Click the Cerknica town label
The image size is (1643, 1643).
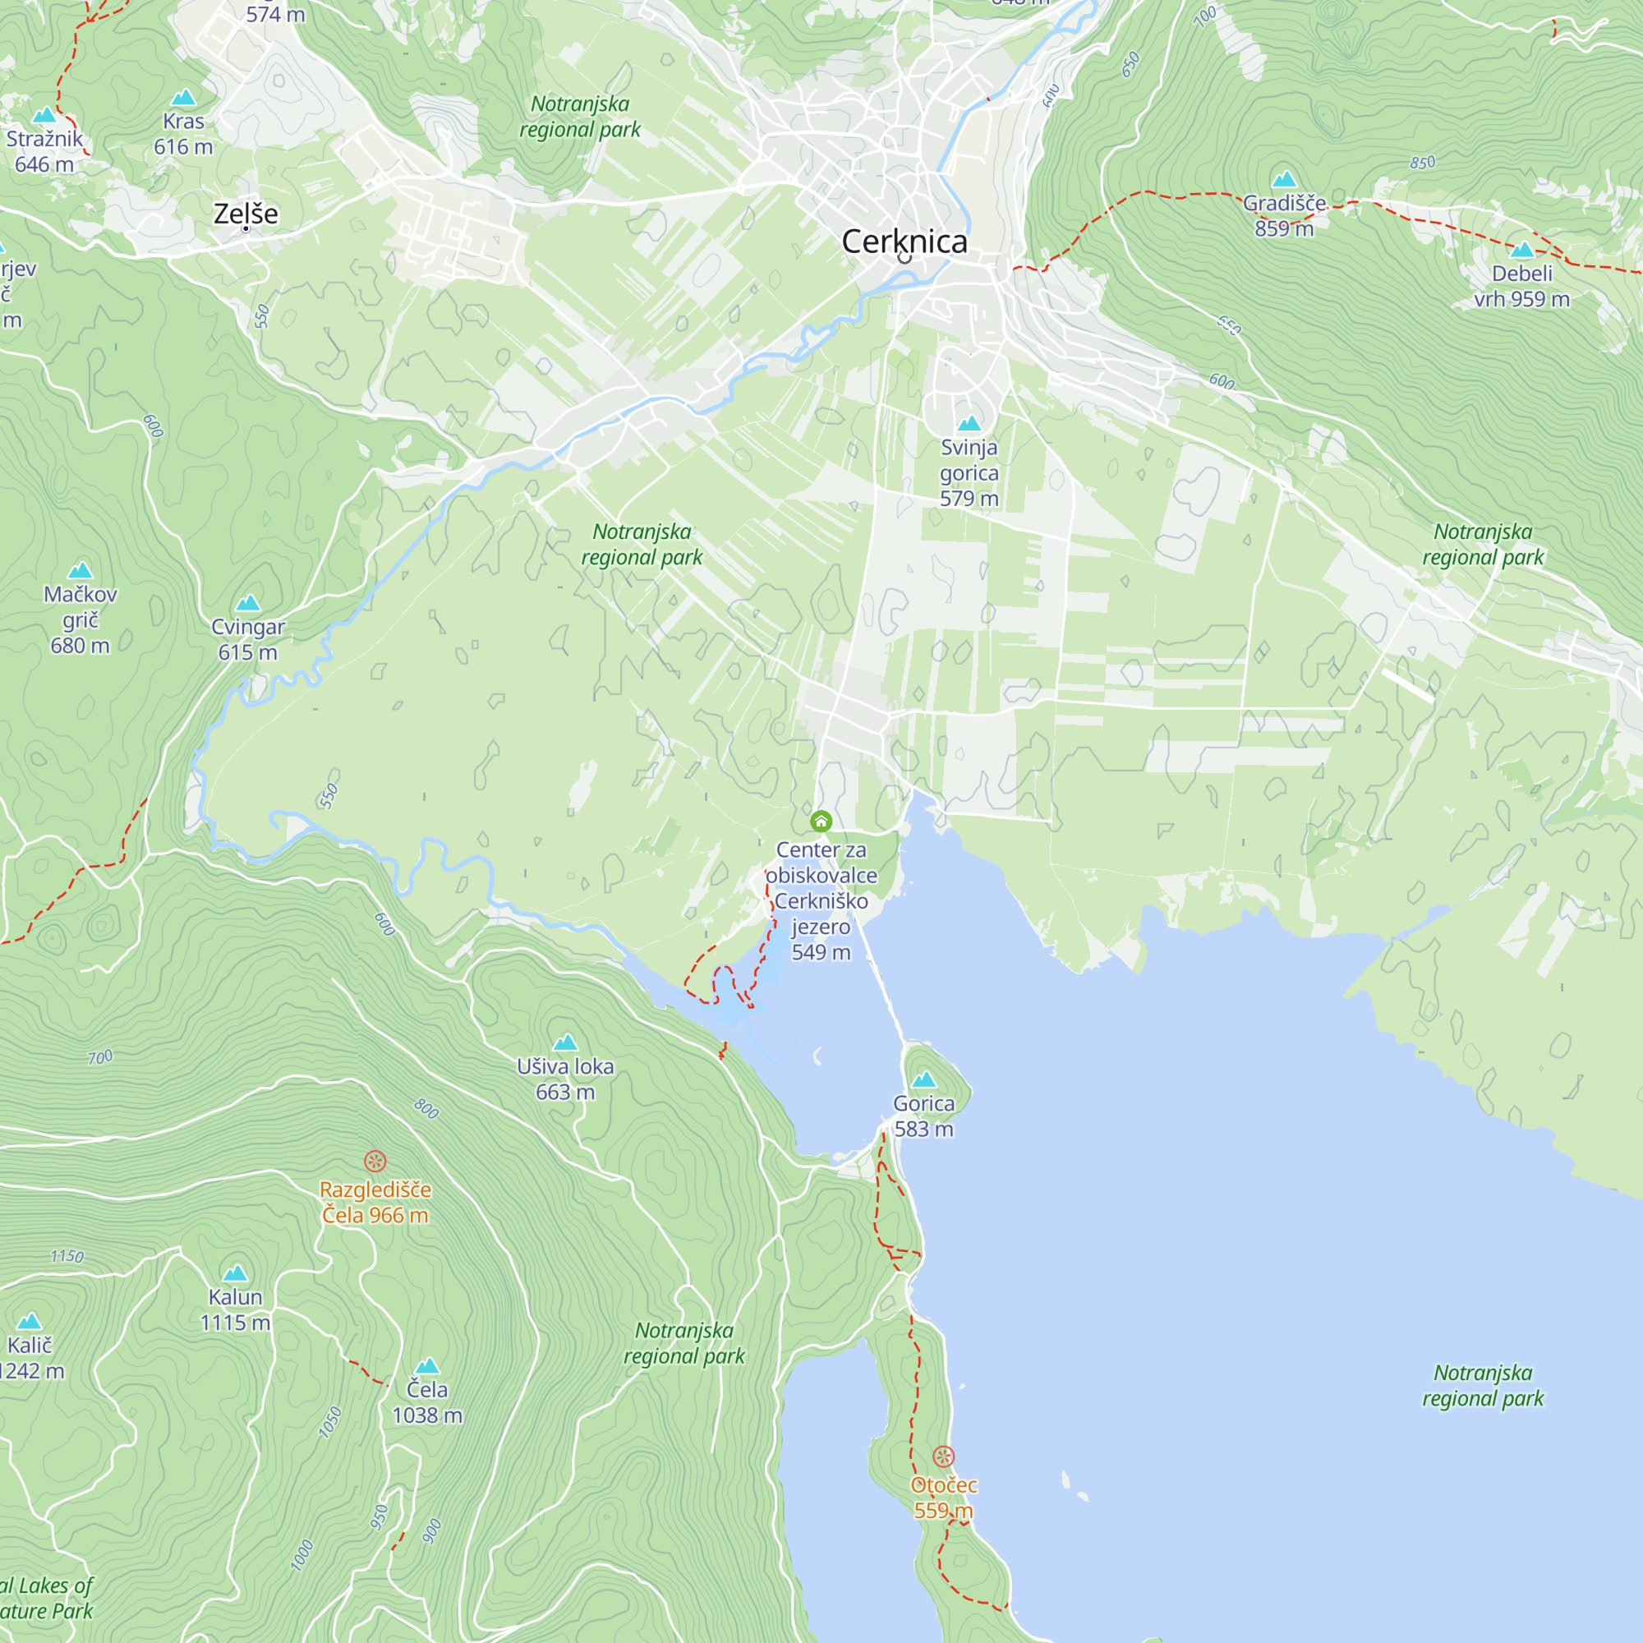click(x=904, y=242)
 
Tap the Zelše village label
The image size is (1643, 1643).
click(x=246, y=214)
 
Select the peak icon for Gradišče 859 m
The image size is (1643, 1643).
click(x=1283, y=179)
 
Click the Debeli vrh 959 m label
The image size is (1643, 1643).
click(x=1521, y=287)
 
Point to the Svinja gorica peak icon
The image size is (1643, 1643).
click(x=969, y=424)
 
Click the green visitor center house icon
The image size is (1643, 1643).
click(x=821, y=821)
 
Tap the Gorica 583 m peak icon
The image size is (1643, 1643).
click(x=923, y=1080)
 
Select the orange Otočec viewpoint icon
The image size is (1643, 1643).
click(x=943, y=1456)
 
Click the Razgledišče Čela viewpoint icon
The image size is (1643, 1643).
click(x=375, y=1161)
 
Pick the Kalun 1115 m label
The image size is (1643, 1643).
click(x=236, y=1309)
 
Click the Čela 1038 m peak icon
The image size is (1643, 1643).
click(x=427, y=1366)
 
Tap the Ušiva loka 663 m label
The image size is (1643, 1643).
click(x=565, y=1079)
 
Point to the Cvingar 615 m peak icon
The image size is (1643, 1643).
click(x=247, y=604)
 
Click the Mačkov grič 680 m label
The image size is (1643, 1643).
click(x=80, y=620)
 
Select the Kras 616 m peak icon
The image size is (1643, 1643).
click(x=184, y=98)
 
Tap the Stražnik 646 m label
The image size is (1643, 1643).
click(x=44, y=151)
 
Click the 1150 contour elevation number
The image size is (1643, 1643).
click(x=67, y=1257)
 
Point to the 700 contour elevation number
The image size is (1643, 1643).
click(x=100, y=1058)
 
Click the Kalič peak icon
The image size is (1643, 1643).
click(x=29, y=1321)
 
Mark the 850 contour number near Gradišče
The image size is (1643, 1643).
click(x=1422, y=163)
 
